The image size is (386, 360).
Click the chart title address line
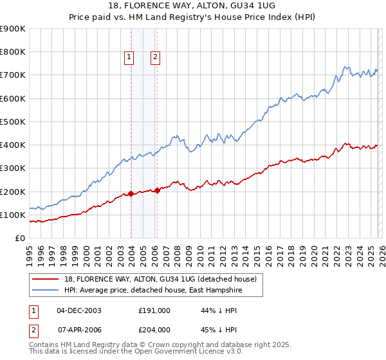click(193, 6)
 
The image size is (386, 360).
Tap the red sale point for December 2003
click(131, 194)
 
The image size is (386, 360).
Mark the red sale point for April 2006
click(158, 190)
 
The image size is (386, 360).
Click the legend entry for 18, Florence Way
click(160, 279)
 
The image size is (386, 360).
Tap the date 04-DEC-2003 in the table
click(79, 310)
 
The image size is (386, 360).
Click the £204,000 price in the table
click(154, 330)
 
